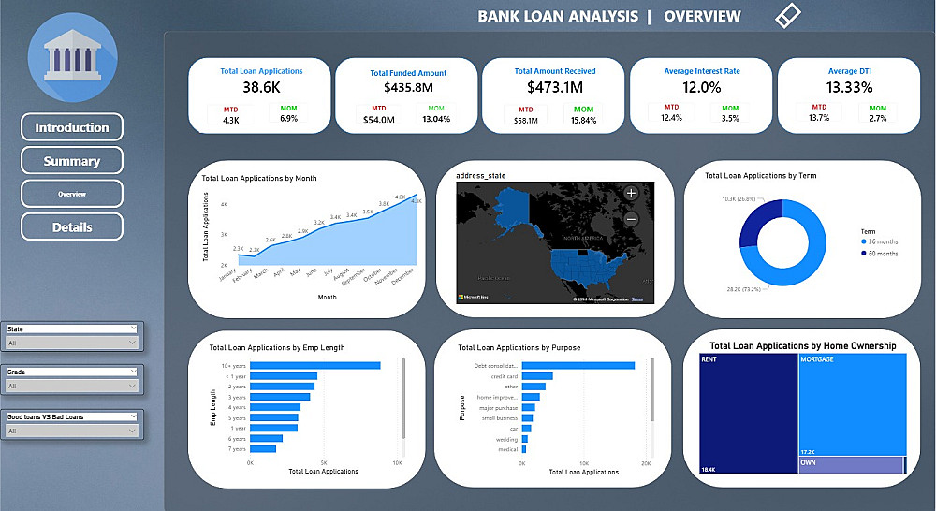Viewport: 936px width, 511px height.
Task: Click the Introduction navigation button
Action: [x=72, y=127]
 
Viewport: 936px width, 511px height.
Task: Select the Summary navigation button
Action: [x=72, y=161]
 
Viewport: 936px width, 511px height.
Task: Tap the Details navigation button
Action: [x=72, y=226]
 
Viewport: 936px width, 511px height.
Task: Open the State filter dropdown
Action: [x=72, y=343]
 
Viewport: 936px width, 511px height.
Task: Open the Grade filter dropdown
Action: [x=72, y=386]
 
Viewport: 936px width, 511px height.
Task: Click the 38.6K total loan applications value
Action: [x=261, y=87]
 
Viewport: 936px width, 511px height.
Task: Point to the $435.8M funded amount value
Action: [x=408, y=88]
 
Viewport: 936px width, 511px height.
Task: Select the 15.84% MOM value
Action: [x=583, y=120]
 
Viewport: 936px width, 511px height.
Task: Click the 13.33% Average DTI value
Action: [x=850, y=87]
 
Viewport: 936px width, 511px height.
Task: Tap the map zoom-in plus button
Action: [x=631, y=193]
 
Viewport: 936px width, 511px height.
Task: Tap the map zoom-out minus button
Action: [x=631, y=219]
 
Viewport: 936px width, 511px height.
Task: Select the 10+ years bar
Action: [x=315, y=365]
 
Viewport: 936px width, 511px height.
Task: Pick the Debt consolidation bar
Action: [x=578, y=365]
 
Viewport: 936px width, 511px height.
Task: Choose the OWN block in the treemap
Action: [x=851, y=465]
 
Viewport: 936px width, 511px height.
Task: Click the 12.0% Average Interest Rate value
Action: [x=702, y=87]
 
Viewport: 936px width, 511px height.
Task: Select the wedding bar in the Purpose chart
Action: [x=525, y=439]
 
